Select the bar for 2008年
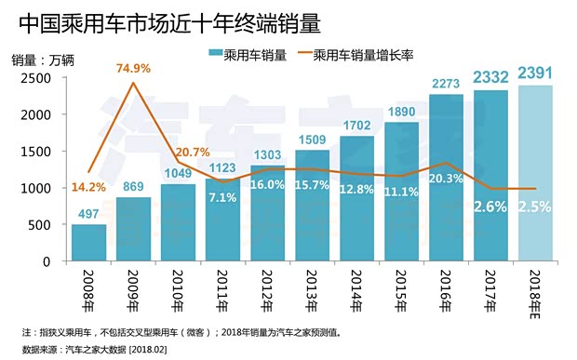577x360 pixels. click(x=89, y=243)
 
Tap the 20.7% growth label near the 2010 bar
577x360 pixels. click(x=192, y=151)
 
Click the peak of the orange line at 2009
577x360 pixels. click(x=134, y=83)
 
